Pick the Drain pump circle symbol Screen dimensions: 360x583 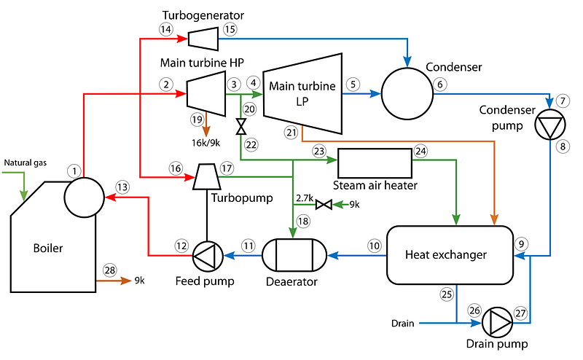(x=501, y=321)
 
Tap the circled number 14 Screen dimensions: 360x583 (x=165, y=28)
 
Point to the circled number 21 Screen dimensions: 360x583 (x=292, y=132)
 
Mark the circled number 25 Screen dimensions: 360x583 (x=447, y=294)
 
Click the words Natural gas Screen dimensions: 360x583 (x=25, y=163)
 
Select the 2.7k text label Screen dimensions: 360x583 (x=305, y=197)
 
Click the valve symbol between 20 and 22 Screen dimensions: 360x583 (x=240, y=128)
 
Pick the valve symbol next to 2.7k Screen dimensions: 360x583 (x=327, y=205)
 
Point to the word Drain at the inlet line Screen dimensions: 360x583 (x=403, y=323)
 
